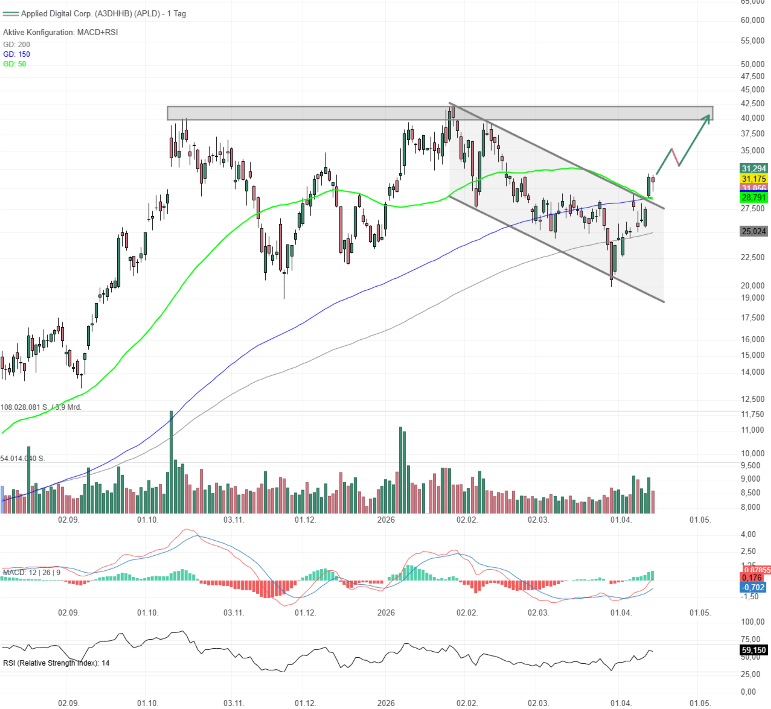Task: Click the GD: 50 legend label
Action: [14, 64]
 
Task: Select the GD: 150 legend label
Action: [17, 54]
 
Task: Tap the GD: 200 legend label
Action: [17, 45]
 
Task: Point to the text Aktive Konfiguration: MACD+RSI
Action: [60, 32]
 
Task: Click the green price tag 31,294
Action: [753, 168]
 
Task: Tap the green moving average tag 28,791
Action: [753, 198]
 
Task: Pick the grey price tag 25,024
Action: [753, 231]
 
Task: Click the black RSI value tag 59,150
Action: [753, 650]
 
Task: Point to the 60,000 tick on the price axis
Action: [752, 20]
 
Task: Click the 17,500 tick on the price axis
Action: [752, 318]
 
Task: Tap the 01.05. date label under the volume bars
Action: [700, 520]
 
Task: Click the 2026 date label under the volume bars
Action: [385, 520]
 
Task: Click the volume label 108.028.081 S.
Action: [24, 407]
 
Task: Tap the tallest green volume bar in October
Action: [171, 460]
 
